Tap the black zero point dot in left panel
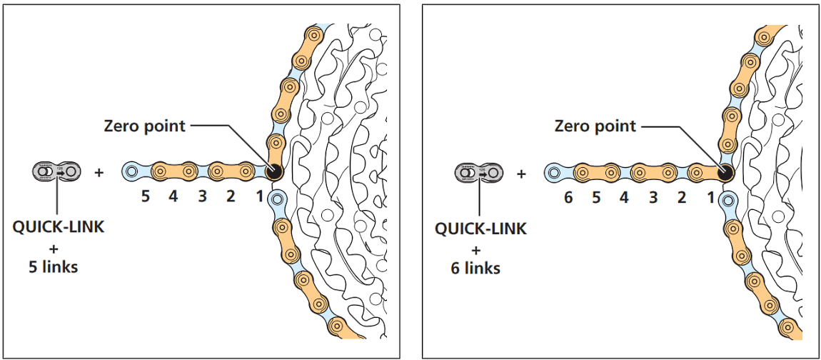[x=272, y=171]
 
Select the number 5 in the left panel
[x=145, y=196]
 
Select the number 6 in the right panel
[x=568, y=196]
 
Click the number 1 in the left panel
[x=259, y=196]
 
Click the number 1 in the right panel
[x=710, y=196]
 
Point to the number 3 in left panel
[x=202, y=196]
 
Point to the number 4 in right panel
[x=625, y=196]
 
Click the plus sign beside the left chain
[x=99, y=172]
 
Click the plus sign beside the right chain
[x=522, y=173]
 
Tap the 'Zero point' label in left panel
[x=144, y=126]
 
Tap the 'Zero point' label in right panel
[x=595, y=126]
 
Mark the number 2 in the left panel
[x=231, y=196]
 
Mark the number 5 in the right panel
[x=596, y=196]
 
